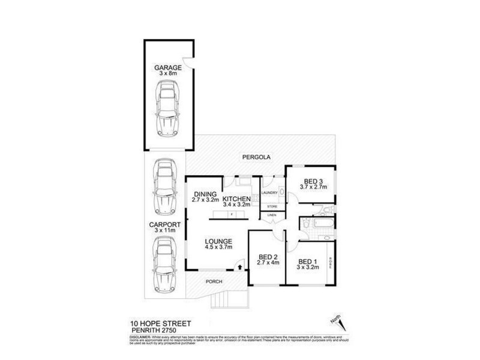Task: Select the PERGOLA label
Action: (x=257, y=157)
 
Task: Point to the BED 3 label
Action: (x=313, y=181)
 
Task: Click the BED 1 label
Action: (x=307, y=262)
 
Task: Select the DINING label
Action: (x=205, y=194)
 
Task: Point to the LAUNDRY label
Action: (x=269, y=193)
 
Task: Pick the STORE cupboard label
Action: (x=272, y=206)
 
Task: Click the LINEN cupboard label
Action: (x=272, y=215)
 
